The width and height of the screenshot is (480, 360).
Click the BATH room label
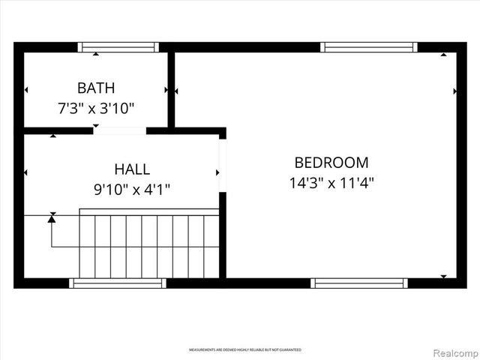[96, 88]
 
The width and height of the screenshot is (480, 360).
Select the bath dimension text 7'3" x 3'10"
[96, 108]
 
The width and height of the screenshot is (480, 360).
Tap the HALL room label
[132, 169]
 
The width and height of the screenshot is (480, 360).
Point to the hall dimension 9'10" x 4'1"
[132, 190]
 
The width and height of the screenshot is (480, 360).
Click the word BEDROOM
[331, 162]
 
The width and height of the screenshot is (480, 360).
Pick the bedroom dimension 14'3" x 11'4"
[331, 182]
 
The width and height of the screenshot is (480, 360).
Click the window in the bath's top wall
[118, 47]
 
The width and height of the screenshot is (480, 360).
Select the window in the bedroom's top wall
[368, 47]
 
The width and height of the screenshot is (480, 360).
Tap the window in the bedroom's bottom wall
[359, 283]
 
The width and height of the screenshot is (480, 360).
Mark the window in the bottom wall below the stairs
[118, 283]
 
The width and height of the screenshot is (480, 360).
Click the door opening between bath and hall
[119, 130]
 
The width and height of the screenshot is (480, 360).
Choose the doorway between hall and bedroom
[222, 165]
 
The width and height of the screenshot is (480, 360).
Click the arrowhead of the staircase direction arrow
[52, 217]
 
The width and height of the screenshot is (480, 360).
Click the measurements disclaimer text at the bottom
[244, 350]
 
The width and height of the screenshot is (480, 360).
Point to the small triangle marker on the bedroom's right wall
[455, 91]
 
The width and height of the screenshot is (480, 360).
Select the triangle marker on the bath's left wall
[26, 90]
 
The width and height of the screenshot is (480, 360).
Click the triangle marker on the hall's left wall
[26, 172]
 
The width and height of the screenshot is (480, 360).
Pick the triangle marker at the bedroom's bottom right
[443, 276]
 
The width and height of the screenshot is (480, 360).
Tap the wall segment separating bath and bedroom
[171, 88]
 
